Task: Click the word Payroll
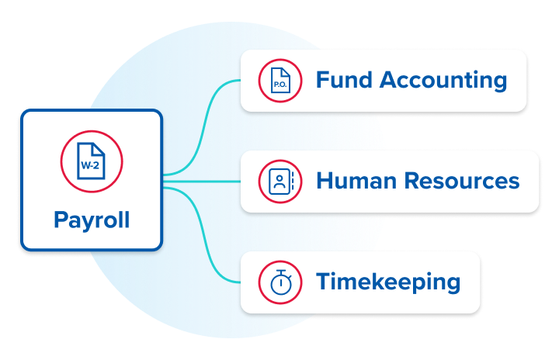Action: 92,220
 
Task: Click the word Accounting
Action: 444,80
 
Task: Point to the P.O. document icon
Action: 279,81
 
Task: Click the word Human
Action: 354,181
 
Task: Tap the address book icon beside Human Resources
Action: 279,182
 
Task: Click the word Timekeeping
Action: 387,282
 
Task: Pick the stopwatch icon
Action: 279,282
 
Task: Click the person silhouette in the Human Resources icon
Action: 278,182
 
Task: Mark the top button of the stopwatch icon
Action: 279,271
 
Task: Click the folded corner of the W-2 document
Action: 99,147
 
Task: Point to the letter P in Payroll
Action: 61,220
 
